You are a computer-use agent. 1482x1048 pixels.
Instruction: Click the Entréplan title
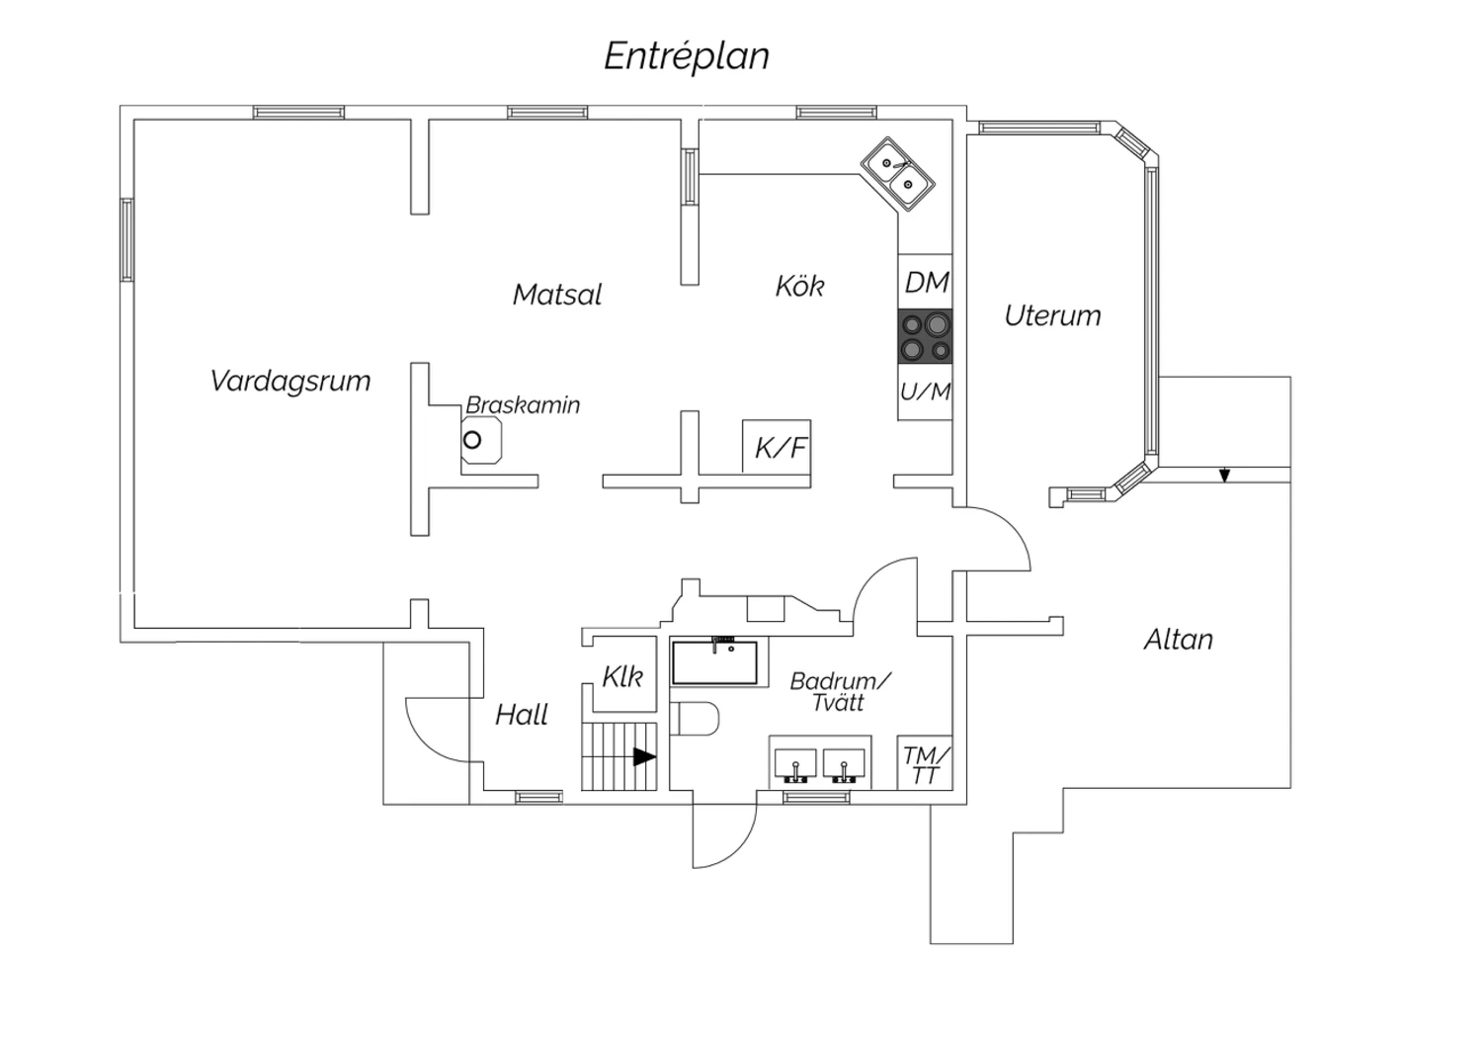[687, 56]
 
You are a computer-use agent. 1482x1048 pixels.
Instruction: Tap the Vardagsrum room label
[290, 381]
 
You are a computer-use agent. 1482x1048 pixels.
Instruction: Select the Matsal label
[557, 295]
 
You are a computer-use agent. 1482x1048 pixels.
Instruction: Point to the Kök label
[799, 287]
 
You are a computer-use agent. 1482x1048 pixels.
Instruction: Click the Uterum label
[1052, 316]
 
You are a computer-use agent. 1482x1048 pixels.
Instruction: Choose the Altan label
[1178, 640]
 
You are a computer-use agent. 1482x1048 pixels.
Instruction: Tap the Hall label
[522, 715]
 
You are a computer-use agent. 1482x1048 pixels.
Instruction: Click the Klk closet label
[622, 677]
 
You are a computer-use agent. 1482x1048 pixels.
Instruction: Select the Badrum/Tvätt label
[840, 692]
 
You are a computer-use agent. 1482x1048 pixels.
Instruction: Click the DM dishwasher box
[926, 283]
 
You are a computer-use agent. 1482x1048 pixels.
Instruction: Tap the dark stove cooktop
[926, 337]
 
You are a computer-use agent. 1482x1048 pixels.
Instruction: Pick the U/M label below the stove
[926, 393]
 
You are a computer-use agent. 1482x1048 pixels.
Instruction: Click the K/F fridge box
[780, 448]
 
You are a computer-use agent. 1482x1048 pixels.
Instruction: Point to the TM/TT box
[926, 764]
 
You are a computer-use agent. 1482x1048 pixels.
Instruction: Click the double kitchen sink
[897, 173]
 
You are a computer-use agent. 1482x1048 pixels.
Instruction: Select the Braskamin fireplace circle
[472, 440]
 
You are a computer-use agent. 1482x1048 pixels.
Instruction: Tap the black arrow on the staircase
[644, 757]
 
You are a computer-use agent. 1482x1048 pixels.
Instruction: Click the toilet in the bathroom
[695, 719]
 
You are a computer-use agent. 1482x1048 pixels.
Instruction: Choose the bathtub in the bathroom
[715, 662]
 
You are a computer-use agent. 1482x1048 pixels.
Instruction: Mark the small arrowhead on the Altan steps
[1224, 477]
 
